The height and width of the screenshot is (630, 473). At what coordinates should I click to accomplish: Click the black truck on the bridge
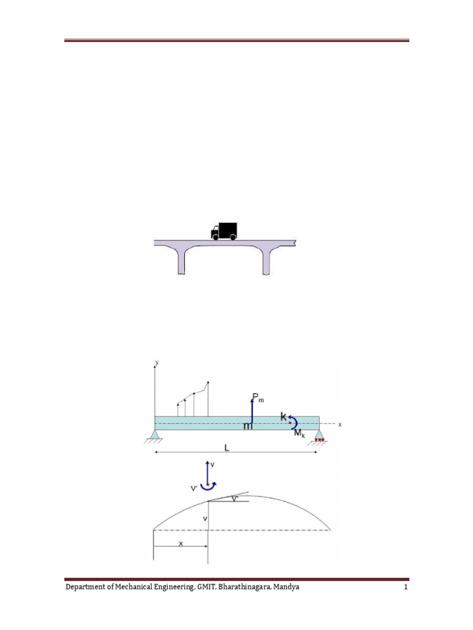[x=224, y=231]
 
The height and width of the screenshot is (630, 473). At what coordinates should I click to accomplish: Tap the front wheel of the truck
[x=216, y=236]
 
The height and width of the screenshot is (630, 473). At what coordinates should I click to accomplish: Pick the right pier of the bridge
[x=267, y=261]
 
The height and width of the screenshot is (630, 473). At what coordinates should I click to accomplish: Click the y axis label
[x=157, y=364]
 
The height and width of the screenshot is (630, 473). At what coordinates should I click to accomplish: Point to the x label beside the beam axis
[x=339, y=425]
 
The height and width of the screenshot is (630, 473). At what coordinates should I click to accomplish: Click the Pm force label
[x=258, y=399]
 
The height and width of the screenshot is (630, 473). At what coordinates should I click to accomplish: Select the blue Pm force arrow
[x=251, y=410]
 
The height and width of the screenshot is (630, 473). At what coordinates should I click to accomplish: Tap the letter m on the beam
[x=248, y=426]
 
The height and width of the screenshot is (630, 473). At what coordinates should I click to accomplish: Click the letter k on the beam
[x=285, y=417]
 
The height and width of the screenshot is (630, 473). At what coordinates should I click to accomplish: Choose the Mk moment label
[x=299, y=434]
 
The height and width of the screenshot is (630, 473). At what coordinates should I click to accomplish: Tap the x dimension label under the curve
[x=180, y=543]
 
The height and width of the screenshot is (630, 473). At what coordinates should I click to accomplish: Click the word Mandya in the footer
[x=286, y=588]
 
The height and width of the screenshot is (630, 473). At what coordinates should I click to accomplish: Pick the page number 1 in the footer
[x=406, y=588]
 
